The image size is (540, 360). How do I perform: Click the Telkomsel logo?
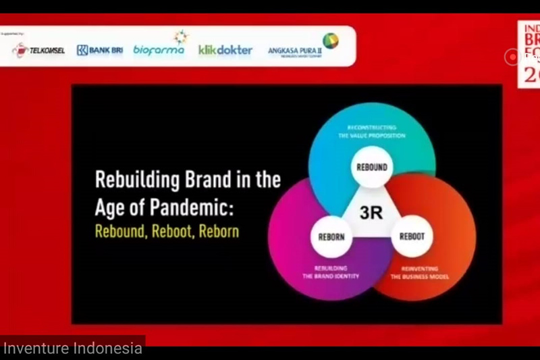[x=38, y=49]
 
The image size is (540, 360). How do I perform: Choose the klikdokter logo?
[x=225, y=49]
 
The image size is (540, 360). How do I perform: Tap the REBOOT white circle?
[x=412, y=237]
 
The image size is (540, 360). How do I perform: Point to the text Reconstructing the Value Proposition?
[x=371, y=131]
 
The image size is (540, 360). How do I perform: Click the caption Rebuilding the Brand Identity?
[x=329, y=274]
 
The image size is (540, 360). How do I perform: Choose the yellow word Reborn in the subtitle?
[x=221, y=231]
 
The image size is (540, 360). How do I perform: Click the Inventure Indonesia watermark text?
[x=72, y=349]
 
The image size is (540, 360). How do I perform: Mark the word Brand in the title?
[x=200, y=181]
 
